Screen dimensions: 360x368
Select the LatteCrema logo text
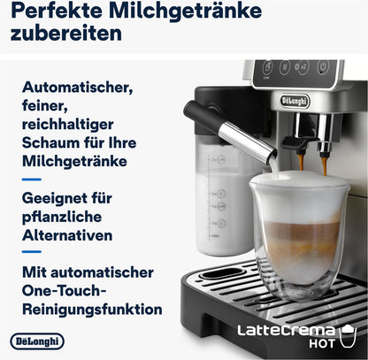pos(285,332)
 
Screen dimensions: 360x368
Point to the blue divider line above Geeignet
pos(30,179)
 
